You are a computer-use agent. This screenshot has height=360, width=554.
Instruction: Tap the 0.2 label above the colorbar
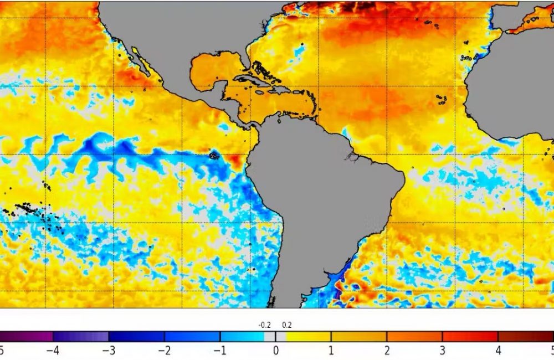(288, 325)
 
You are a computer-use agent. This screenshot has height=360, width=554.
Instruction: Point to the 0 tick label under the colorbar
(275, 350)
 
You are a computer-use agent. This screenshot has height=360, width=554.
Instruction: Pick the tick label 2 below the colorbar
(387, 350)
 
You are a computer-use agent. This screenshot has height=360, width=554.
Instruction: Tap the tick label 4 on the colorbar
(498, 350)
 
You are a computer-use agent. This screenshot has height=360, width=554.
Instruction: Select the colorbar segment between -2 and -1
(192, 336)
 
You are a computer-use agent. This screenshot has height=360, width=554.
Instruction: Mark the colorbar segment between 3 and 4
(470, 336)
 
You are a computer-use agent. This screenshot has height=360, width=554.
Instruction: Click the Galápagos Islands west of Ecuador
(214, 156)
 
